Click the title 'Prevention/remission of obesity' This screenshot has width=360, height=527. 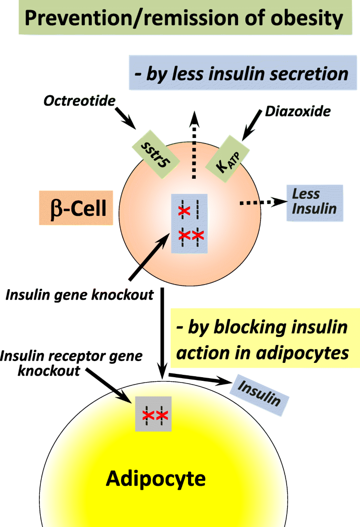(183, 19)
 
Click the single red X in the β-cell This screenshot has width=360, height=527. (183, 211)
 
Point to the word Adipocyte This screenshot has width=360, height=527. (156, 479)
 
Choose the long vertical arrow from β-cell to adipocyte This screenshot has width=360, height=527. (162, 330)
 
